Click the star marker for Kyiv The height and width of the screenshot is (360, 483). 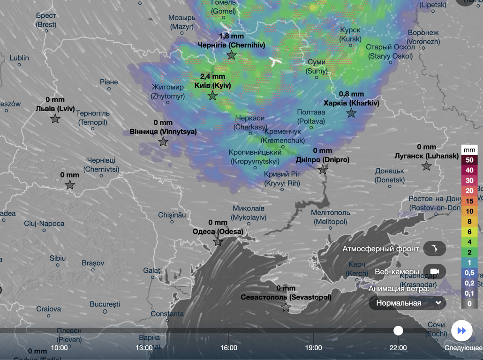coord(212,96)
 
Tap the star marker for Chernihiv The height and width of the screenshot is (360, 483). coord(231,55)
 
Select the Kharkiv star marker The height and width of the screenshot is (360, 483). coord(351,113)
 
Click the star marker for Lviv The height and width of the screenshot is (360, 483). coord(55,119)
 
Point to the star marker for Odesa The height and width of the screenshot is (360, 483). coord(218,242)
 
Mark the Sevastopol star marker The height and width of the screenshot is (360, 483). coord(286,307)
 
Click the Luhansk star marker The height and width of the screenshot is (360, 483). coord(426,166)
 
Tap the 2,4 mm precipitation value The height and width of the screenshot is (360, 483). coord(212,76)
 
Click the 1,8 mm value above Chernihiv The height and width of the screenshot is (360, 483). coord(231,36)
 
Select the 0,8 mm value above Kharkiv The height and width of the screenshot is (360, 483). coord(351,94)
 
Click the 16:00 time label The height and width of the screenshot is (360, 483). coord(229,348)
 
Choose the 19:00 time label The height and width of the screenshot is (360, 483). coord(313,348)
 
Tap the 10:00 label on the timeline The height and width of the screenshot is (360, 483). coord(59,348)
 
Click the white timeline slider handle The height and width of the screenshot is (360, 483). coord(398,330)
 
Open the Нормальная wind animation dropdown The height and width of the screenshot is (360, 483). coord(407,303)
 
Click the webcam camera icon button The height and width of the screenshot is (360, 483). coord(434,272)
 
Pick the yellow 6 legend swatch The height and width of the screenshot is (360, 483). coord(469,232)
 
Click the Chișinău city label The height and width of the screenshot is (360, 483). coord(172,215)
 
